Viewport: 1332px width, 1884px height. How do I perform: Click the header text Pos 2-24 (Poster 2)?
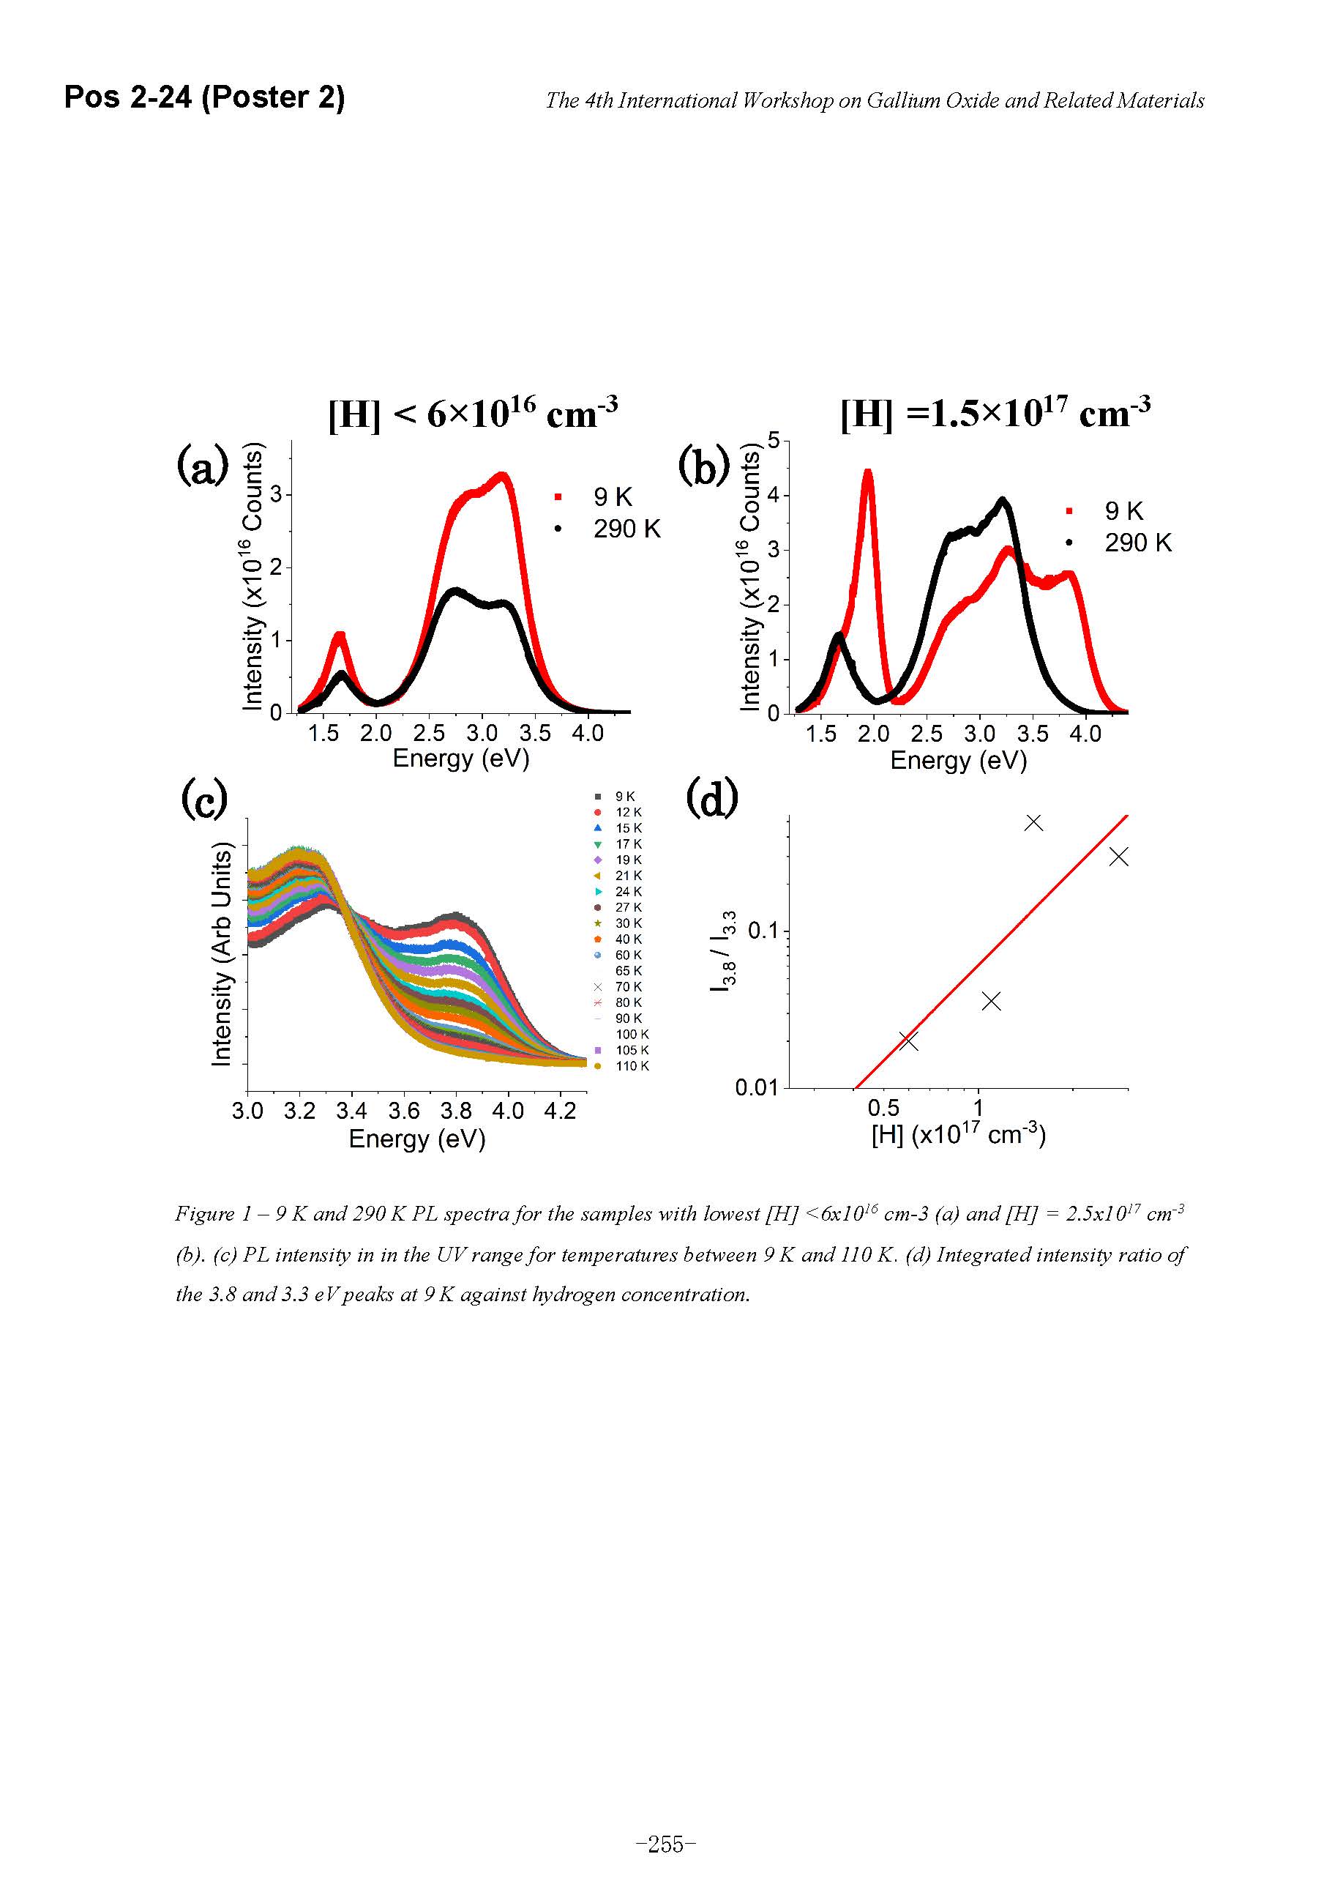(x=204, y=97)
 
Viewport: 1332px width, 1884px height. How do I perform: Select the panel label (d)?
(x=711, y=798)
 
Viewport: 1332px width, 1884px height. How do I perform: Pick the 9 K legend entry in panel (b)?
(x=1123, y=510)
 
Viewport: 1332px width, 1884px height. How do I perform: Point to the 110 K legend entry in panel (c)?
(x=631, y=1066)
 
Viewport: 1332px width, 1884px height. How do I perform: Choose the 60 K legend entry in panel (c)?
(x=627, y=955)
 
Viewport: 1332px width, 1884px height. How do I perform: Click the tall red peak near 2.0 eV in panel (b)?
(x=868, y=474)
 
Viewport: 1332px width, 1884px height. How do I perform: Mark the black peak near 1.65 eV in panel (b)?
(x=837, y=635)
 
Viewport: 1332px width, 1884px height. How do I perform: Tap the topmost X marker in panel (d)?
(x=1033, y=822)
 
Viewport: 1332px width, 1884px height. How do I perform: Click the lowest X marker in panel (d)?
(x=908, y=1041)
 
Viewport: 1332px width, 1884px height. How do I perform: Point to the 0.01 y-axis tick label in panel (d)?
(x=755, y=1088)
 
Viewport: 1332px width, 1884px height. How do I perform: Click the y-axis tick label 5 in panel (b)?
(x=774, y=441)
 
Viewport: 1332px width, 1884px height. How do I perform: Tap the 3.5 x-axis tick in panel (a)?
(x=535, y=733)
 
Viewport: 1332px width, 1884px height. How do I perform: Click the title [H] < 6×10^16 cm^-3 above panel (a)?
(x=473, y=413)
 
